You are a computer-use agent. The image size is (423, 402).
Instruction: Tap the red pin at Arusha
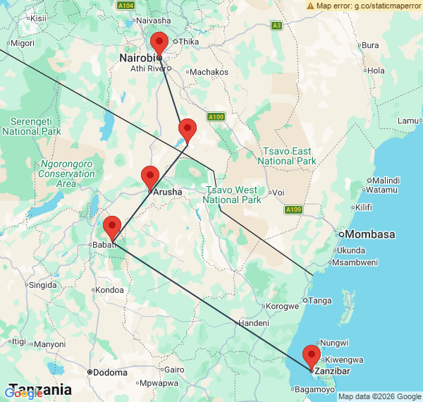coord(150,177)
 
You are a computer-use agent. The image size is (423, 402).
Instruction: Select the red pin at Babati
coord(112,228)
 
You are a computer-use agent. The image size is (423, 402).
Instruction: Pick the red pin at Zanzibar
coord(311,356)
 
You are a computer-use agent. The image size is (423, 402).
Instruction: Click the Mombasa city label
coord(367,234)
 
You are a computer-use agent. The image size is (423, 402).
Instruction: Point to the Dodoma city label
coord(107,372)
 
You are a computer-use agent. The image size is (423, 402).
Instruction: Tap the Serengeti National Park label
coord(31,126)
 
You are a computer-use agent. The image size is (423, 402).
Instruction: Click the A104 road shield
coord(125,5)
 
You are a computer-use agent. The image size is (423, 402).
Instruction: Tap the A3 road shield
coord(276,25)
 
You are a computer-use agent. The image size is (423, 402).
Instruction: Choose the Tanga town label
coord(320,300)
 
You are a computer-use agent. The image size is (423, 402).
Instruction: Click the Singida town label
coord(41,285)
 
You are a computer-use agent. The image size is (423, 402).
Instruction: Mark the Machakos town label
coord(209,72)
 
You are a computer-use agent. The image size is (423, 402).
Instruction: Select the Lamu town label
coord(407,120)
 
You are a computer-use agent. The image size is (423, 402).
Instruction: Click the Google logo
coord(23,392)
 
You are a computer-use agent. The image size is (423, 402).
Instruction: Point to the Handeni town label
coord(253,322)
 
